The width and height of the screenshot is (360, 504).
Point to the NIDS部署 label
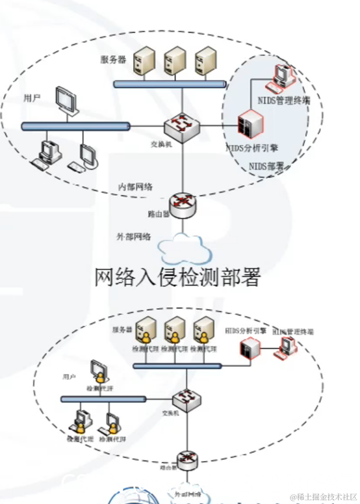pos(267,166)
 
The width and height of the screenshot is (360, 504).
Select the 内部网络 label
pos(135,187)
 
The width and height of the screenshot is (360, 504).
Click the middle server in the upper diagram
pos(175,62)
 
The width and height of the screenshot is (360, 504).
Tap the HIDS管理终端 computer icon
pos(285,347)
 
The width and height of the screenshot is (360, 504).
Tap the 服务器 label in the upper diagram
pos(112,60)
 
